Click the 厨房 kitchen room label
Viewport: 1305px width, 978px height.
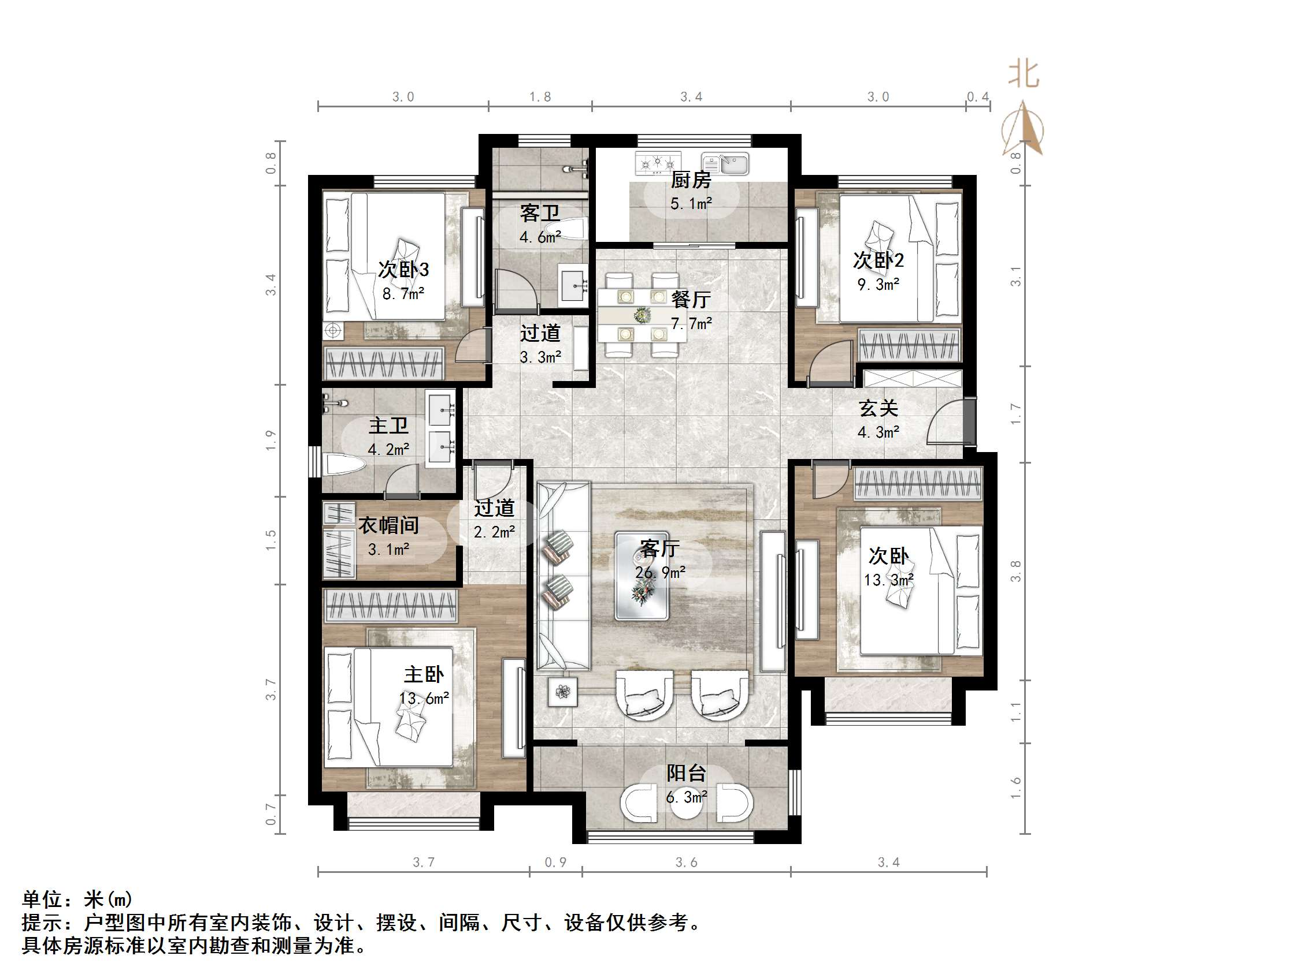coord(690,179)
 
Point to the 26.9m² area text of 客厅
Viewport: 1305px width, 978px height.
coord(659,572)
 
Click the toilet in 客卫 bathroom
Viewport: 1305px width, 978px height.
coord(566,229)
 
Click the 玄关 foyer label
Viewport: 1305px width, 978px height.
coord(878,408)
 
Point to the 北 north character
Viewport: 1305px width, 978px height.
coord(1024,75)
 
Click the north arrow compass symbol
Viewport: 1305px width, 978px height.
coord(1023,130)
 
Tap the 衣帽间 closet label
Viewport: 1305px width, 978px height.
coord(388,525)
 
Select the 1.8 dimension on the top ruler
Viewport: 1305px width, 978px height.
coord(539,96)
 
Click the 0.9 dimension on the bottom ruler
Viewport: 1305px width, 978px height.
coord(555,863)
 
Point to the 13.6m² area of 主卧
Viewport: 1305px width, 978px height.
coord(424,699)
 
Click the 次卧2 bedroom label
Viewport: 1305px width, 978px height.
coord(878,260)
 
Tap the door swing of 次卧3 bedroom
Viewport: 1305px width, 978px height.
coord(473,346)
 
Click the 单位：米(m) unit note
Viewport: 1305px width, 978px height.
coord(77,899)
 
